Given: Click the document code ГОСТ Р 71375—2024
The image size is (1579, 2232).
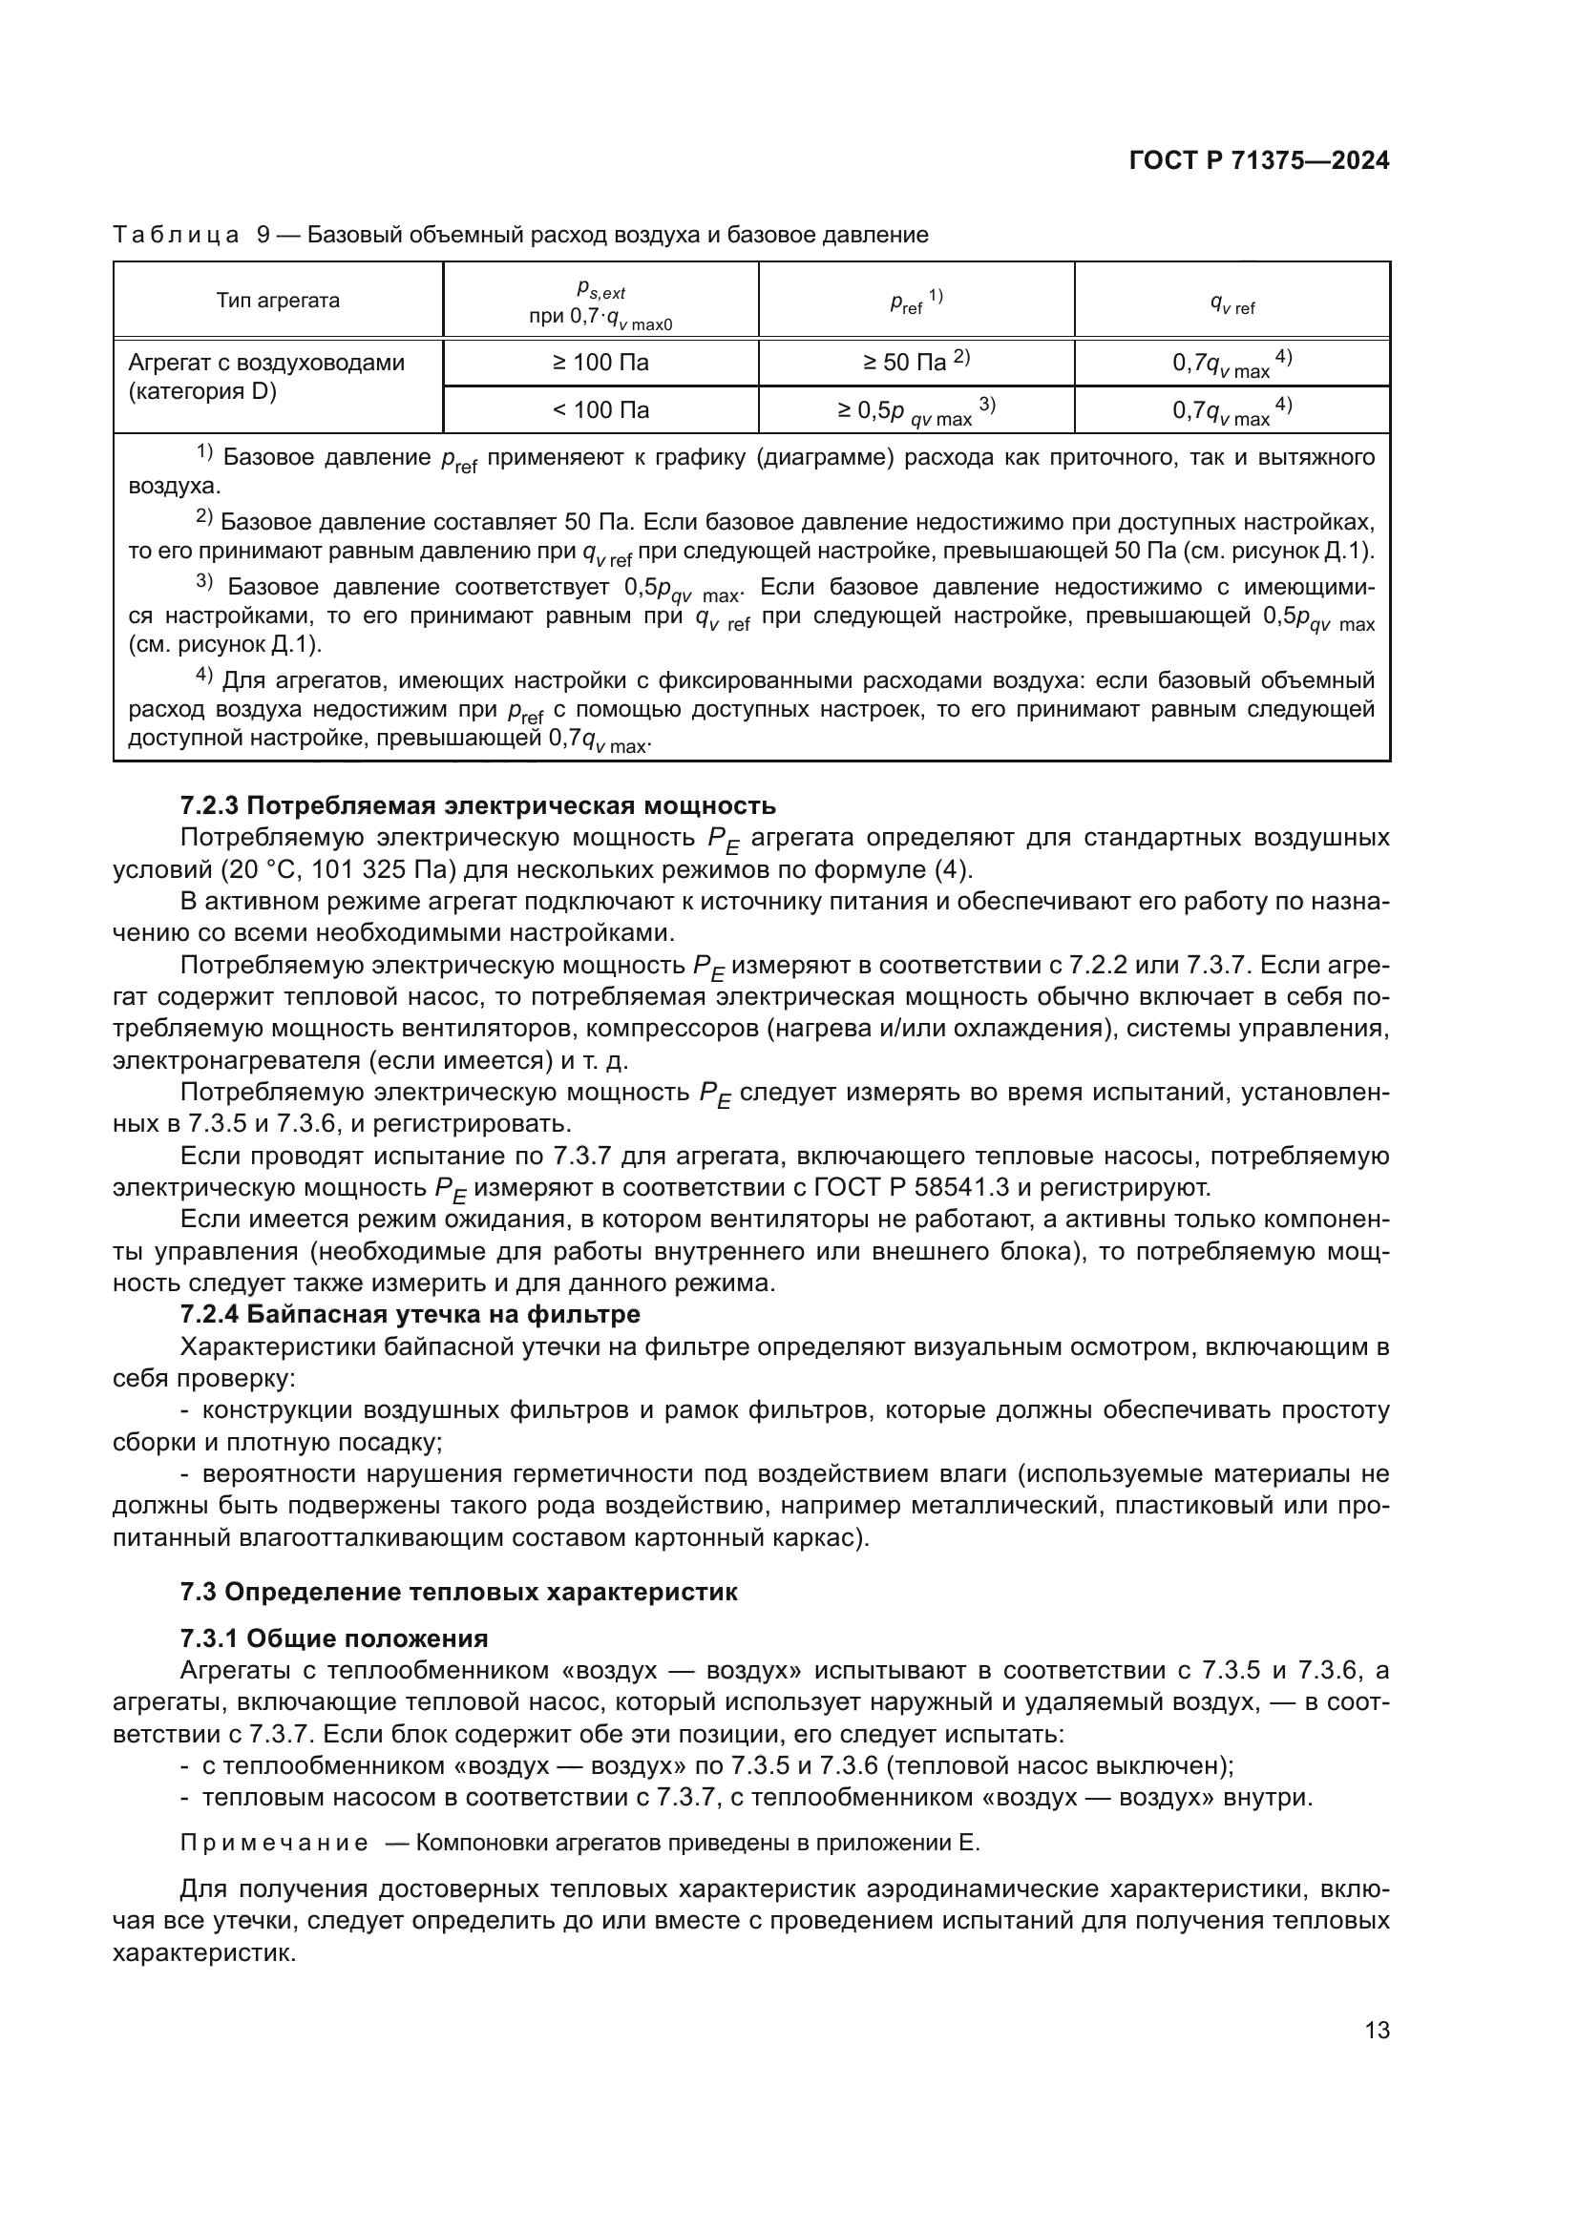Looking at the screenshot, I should pos(1259,161).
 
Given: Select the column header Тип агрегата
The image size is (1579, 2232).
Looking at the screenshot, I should pos(278,301).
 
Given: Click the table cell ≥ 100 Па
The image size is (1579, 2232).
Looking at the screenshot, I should pos(600,363).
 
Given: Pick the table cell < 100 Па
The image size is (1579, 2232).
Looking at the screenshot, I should pos(600,410).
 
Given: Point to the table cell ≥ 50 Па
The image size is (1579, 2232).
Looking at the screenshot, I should pos(916,363).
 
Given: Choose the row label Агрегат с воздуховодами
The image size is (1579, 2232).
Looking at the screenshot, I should pos(266,363).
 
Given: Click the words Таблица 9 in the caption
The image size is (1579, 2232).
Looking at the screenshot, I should pos(191,235).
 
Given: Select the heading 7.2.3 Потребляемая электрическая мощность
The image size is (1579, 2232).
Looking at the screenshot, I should pos(477,805).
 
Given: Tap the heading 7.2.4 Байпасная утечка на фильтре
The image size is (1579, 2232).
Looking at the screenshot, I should pos(410,1314).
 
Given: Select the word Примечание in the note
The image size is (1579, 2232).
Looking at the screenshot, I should pos(274,1844).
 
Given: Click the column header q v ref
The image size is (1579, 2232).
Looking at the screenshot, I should pos(1232,304).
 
